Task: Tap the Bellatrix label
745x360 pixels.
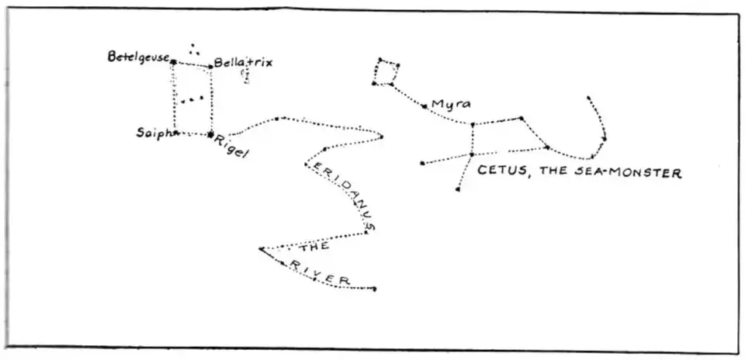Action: (x=243, y=62)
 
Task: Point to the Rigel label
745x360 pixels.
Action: (x=232, y=147)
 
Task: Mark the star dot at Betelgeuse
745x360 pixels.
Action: (x=173, y=61)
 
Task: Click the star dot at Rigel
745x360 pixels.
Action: (x=210, y=134)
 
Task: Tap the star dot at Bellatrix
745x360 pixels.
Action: (x=210, y=67)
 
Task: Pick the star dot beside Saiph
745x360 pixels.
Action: (x=176, y=133)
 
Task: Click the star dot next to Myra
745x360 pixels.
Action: (x=424, y=106)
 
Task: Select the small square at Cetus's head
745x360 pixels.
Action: (x=386, y=71)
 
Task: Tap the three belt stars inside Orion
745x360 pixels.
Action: (x=192, y=99)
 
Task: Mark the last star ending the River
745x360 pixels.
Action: (x=375, y=289)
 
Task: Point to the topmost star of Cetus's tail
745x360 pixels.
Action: (x=589, y=98)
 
